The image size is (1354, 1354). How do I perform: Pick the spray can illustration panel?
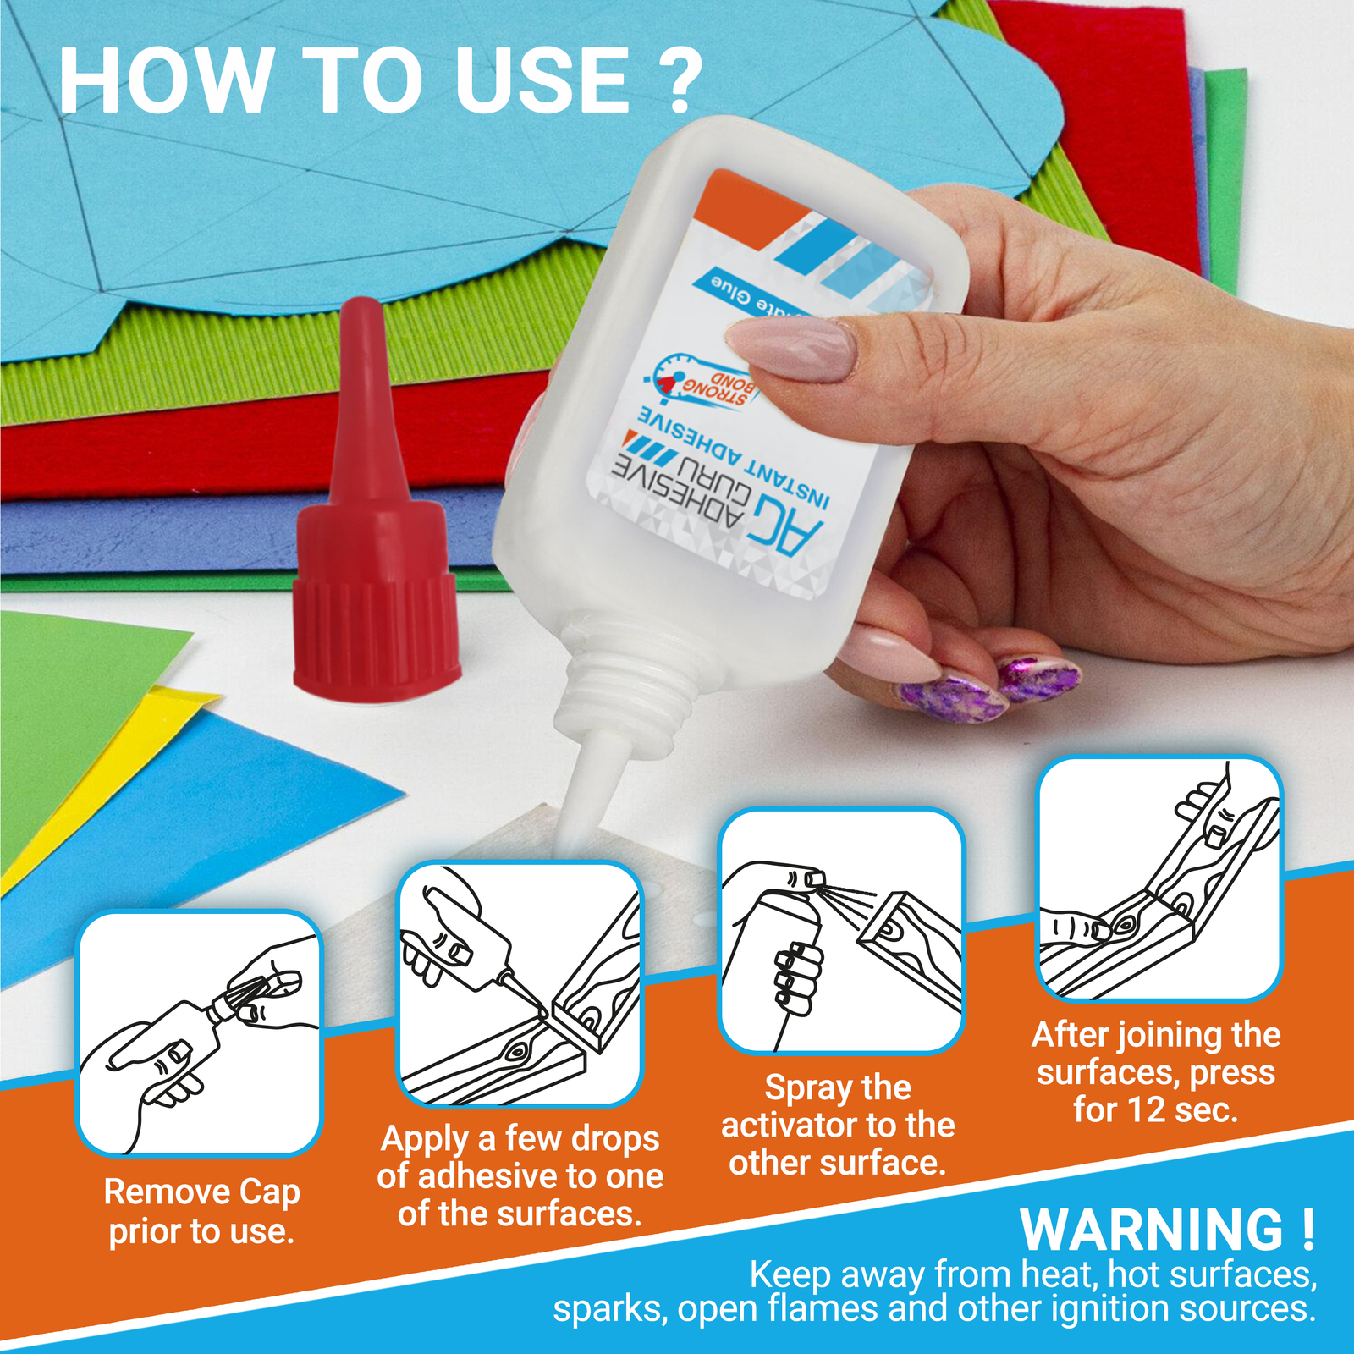pyautogui.click(x=841, y=931)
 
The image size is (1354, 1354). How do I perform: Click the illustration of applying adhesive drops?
pyautogui.click(x=520, y=984)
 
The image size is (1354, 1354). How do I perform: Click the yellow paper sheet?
pyautogui.click(x=102, y=787)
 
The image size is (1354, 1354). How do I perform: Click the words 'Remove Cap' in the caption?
pyautogui.click(x=201, y=1192)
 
